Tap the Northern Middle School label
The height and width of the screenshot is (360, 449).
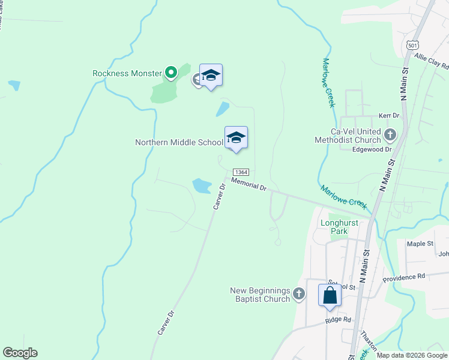click(x=179, y=143)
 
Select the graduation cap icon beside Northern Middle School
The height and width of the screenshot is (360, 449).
click(x=236, y=137)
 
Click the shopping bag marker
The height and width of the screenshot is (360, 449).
click(x=330, y=295)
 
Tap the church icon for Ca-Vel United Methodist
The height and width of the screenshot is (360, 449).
click(x=390, y=134)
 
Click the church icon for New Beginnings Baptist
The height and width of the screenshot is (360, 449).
click(x=300, y=295)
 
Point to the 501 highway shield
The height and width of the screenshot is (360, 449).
click(x=412, y=45)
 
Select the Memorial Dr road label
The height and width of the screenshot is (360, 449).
click(x=249, y=184)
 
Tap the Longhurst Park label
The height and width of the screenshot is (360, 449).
click(x=339, y=227)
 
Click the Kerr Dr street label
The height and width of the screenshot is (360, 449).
click(x=389, y=115)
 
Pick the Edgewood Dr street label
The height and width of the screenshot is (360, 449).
click(x=372, y=149)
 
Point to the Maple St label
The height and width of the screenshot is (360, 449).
click(x=420, y=244)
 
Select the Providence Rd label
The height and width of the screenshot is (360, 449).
click(x=404, y=277)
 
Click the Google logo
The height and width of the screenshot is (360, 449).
click(x=20, y=353)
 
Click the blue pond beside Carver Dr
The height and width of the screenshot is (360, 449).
click(x=201, y=185)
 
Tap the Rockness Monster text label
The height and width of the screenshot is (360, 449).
click(x=127, y=74)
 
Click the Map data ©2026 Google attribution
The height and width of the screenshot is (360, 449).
click(x=412, y=355)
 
